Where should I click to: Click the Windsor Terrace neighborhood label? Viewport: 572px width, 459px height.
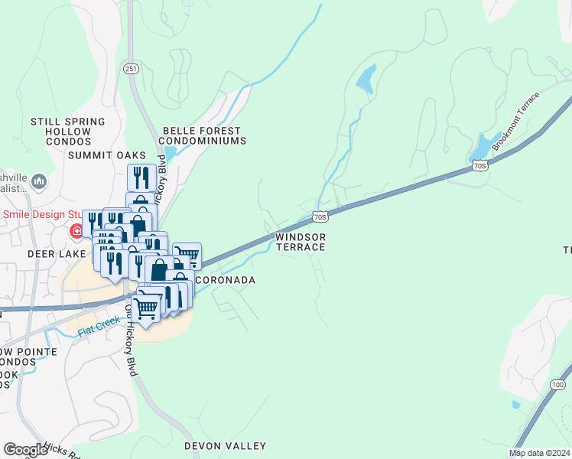click(x=301, y=242)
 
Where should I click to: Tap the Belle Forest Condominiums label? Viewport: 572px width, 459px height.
click(x=203, y=136)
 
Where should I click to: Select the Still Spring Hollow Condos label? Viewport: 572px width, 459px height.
click(x=68, y=132)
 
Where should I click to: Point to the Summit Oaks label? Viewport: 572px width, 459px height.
click(x=106, y=155)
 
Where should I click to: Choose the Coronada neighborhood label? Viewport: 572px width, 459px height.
click(x=225, y=281)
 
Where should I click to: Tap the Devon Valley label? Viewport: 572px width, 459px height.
click(x=225, y=445)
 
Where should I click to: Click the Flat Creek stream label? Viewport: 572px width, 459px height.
click(x=99, y=324)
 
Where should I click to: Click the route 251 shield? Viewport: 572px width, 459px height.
click(x=130, y=69)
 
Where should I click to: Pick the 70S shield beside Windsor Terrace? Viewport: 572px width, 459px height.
click(x=321, y=216)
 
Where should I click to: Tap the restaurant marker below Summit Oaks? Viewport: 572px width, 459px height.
click(x=141, y=177)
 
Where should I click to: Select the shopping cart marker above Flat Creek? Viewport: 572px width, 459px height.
click(x=145, y=308)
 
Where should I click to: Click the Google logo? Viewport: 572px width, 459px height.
click(x=25, y=450)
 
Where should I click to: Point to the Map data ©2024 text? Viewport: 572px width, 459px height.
click(x=539, y=453)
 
